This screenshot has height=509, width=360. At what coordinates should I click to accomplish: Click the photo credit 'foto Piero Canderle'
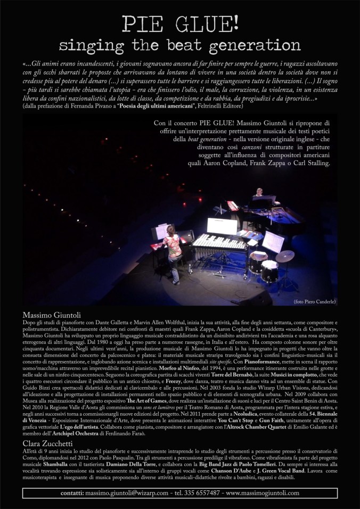click(x=314, y=302)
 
